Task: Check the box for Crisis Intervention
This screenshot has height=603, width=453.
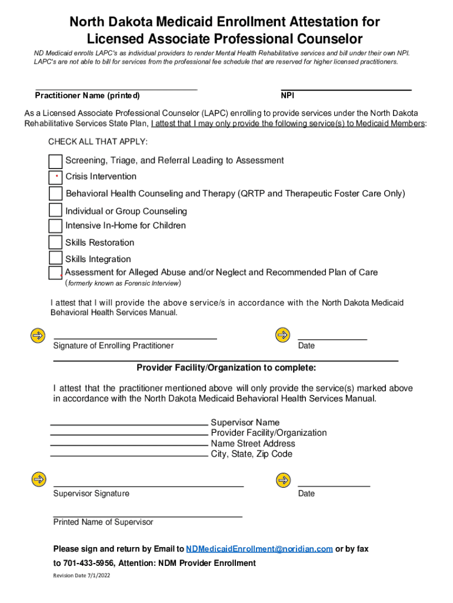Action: point(55,177)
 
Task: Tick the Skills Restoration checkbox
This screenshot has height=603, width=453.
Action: point(55,242)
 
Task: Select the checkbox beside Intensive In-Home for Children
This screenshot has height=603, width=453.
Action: point(55,226)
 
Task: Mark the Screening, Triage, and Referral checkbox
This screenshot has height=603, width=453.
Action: point(55,161)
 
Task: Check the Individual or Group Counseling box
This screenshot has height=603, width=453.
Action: point(55,210)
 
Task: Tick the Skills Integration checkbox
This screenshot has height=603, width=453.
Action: point(55,258)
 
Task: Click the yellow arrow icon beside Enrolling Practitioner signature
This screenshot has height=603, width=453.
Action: point(38,335)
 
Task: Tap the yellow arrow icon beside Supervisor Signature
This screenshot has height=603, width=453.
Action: point(38,479)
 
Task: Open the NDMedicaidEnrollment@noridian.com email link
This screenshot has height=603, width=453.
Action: point(259,549)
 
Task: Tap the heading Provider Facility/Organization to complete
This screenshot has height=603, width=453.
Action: point(226,368)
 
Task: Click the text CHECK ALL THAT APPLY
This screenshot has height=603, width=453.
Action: point(98,142)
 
